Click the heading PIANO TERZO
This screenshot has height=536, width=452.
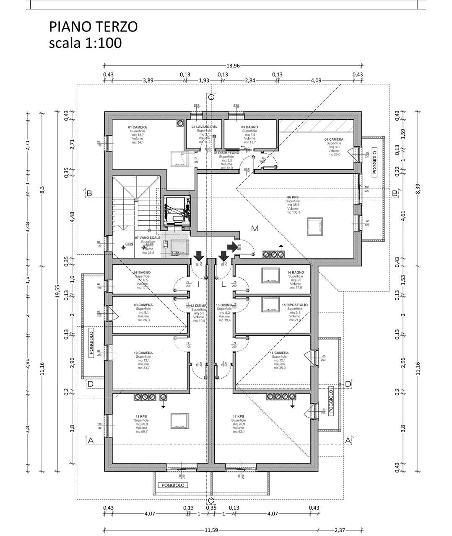(x=93, y=27)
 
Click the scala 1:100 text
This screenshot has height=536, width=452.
(x=85, y=43)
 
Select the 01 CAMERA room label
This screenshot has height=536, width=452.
(x=137, y=127)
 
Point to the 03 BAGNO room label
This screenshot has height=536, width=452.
(x=249, y=127)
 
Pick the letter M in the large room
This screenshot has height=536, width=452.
(x=255, y=228)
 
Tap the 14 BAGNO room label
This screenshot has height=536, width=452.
(x=296, y=273)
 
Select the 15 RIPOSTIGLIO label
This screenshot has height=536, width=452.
(x=295, y=305)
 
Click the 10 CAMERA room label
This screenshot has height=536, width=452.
(x=143, y=353)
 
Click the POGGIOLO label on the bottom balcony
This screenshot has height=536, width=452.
(x=173, y=485)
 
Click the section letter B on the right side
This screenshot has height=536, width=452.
(x=395, y=193)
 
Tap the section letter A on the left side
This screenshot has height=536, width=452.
(x=90, y=440)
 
